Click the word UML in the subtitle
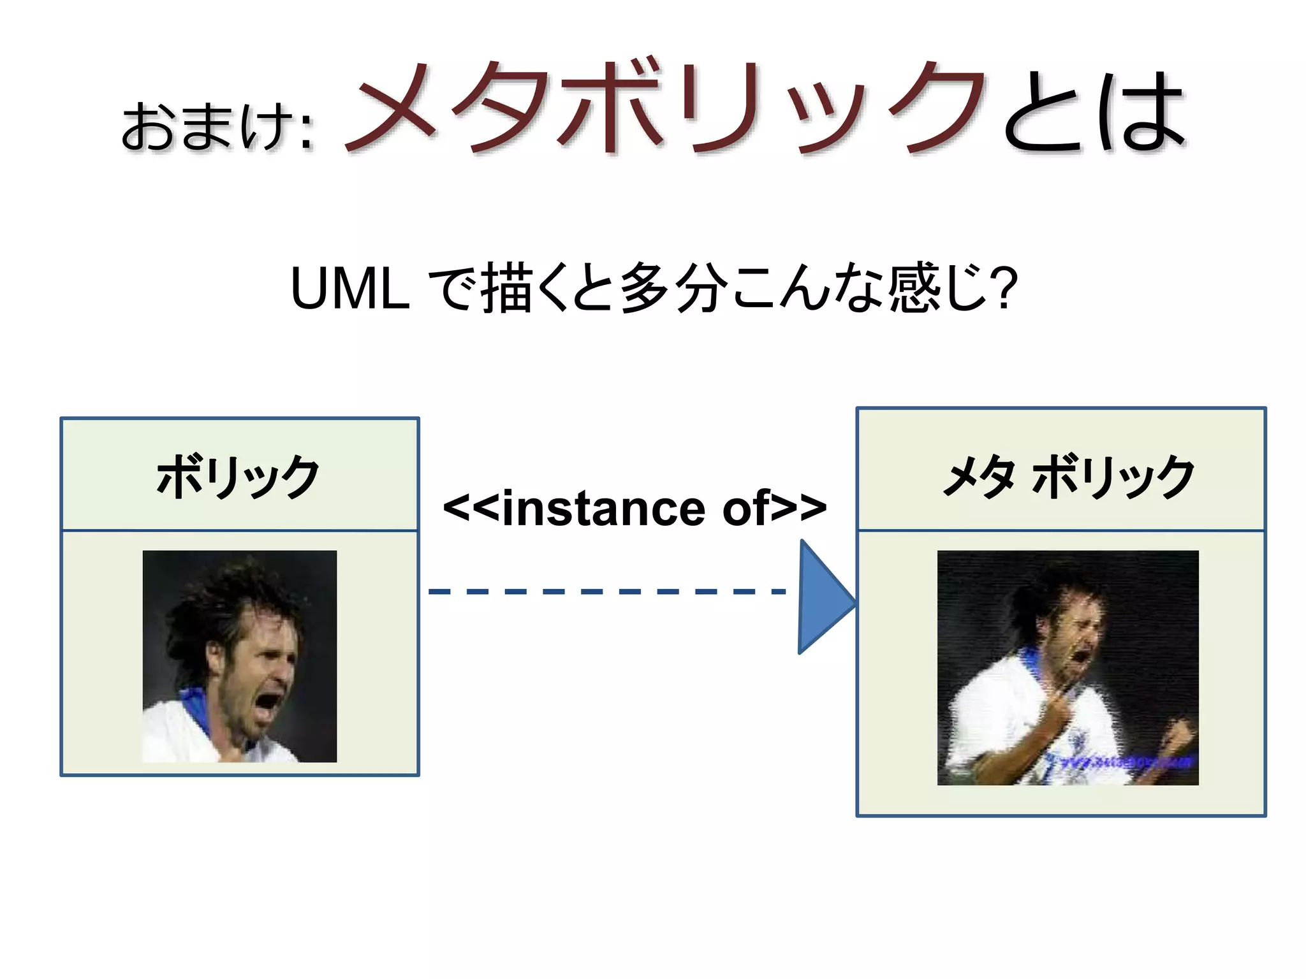(x=349, y=289)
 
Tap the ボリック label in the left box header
(x=238, y=476)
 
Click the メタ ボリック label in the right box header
(x=1068, y=476)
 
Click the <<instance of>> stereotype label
(x=635, y=508)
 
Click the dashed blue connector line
(x=606, y=591)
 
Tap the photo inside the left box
(x=239, y=656)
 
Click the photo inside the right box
(x=1068, y=667)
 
